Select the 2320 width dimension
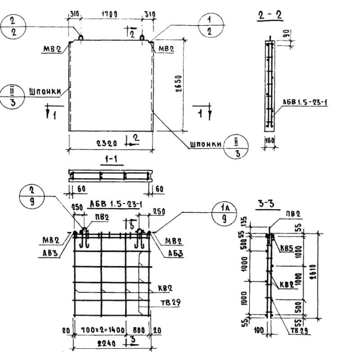[107, 144]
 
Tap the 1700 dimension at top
[109, 14]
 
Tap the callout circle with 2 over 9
[32, 197]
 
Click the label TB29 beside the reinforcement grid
[170, 302]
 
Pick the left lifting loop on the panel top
[81, 38]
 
